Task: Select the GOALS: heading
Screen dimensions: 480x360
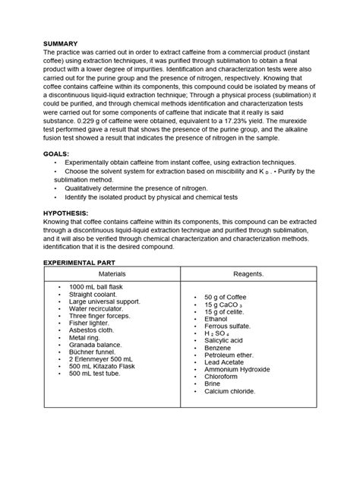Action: point(60,153)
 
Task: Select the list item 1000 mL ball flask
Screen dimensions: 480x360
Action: point(100,287)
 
